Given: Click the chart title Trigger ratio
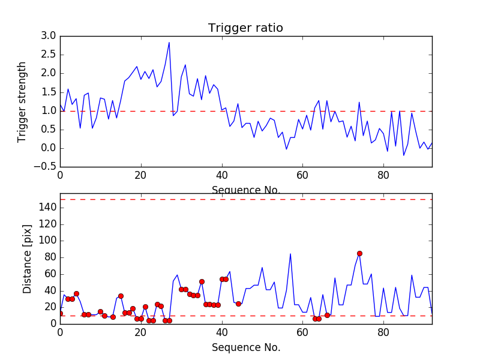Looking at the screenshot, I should point(245,28).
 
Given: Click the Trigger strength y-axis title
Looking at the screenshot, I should point(22,101).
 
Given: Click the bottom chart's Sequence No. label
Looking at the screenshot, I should point(245,347).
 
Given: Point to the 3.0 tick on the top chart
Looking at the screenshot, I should point(49,36).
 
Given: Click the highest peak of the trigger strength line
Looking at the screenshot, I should point(169,42).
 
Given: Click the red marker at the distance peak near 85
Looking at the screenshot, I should point(359,253).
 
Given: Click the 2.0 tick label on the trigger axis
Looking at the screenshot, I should point(49,73).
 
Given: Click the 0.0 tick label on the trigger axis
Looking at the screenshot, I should point(49,148).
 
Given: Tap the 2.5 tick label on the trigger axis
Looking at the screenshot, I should point(49,55).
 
